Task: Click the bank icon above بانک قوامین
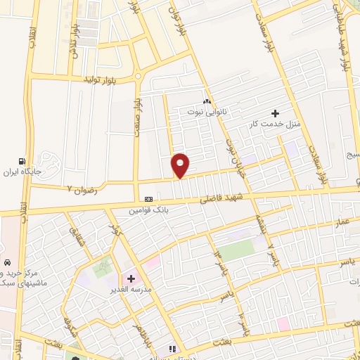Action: pos(148,199)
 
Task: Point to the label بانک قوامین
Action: pos(149,209)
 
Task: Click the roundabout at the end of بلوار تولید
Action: pos(138,76)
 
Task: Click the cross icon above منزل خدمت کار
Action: pos(276,113)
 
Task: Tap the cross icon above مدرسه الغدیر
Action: pos(131,278)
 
